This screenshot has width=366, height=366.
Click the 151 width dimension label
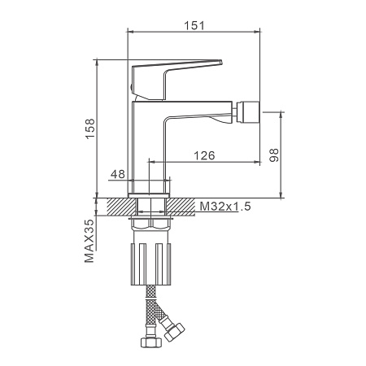coord(194,25)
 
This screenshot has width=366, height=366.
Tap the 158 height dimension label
coord(90,129)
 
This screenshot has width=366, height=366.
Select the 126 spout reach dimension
coord(204,155)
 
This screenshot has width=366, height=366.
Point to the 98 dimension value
coord(274,155)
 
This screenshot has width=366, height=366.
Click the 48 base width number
coord(118,174)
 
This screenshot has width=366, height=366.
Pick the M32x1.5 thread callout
coord(225,207)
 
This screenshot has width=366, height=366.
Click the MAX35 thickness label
coord(89,241)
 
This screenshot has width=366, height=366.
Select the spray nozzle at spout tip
coord(248,112)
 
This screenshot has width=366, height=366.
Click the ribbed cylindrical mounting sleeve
coord(150,264)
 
